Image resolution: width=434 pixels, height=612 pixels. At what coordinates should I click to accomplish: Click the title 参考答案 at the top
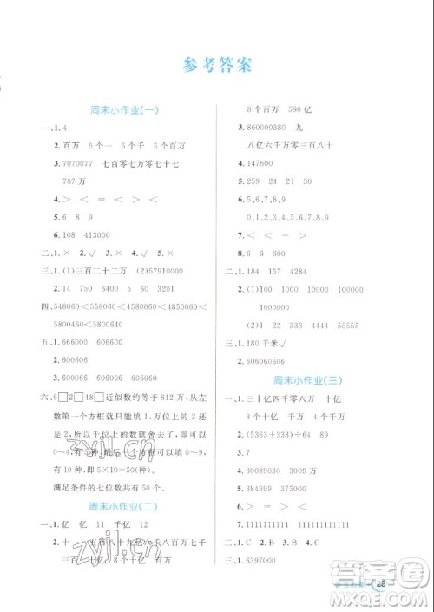217,66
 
